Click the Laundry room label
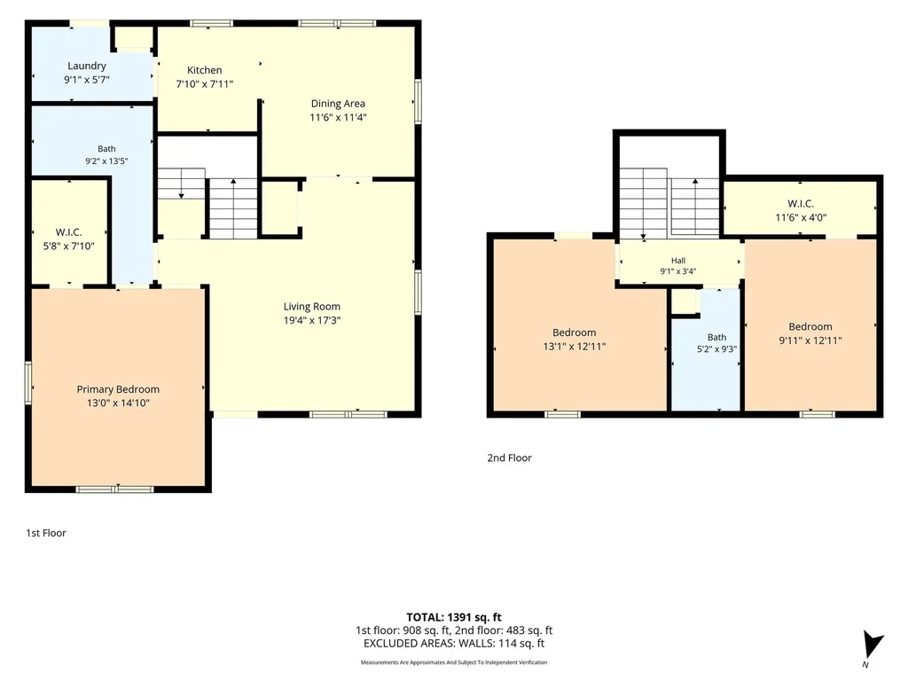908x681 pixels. (x=87, y=66)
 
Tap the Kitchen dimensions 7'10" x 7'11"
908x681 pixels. (x=205, y=84)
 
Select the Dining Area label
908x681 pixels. (x=338, y=104)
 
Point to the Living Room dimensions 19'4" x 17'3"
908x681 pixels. (x=312, y=320)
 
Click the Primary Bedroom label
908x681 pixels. (x=118, y=389)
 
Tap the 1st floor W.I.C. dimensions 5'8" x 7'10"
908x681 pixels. (x=69, y=247)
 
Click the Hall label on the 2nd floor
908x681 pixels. (x=678, y=261)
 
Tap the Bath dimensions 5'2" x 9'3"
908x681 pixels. (x=716, y=349)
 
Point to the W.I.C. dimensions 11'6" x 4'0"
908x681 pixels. (x=801, y=218)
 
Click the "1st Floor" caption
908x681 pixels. (x=46, y=533)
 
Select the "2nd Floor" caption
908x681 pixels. (x=510, y=458)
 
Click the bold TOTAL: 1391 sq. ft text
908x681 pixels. (x=454, y=617)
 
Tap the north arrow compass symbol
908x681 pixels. (x=873, y=645)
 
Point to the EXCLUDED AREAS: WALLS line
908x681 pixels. (x=454, y=644)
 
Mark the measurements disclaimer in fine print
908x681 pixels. (x=454, y=662)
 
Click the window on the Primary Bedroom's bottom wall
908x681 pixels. (x=115, y=489)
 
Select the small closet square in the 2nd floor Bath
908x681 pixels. (x=685, y=302)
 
